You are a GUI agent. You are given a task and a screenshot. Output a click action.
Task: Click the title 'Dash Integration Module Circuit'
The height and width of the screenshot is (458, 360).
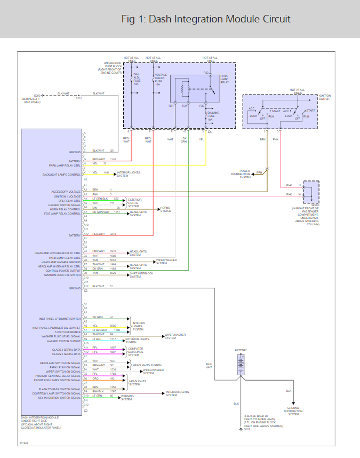(206, 19)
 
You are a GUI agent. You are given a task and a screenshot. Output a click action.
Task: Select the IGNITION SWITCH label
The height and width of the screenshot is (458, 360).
(324, 98)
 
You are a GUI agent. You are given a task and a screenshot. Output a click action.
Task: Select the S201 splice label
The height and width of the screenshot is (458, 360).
(78, 98)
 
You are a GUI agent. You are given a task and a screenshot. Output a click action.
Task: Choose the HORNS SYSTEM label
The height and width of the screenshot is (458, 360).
(166, 209)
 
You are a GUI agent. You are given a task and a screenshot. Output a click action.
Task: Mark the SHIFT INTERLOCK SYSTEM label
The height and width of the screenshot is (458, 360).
(141, 275)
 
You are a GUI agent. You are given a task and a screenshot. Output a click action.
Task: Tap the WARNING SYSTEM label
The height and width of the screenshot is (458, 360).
(126, 397)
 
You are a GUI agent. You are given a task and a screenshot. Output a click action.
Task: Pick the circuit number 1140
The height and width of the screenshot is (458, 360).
(113, 160)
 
